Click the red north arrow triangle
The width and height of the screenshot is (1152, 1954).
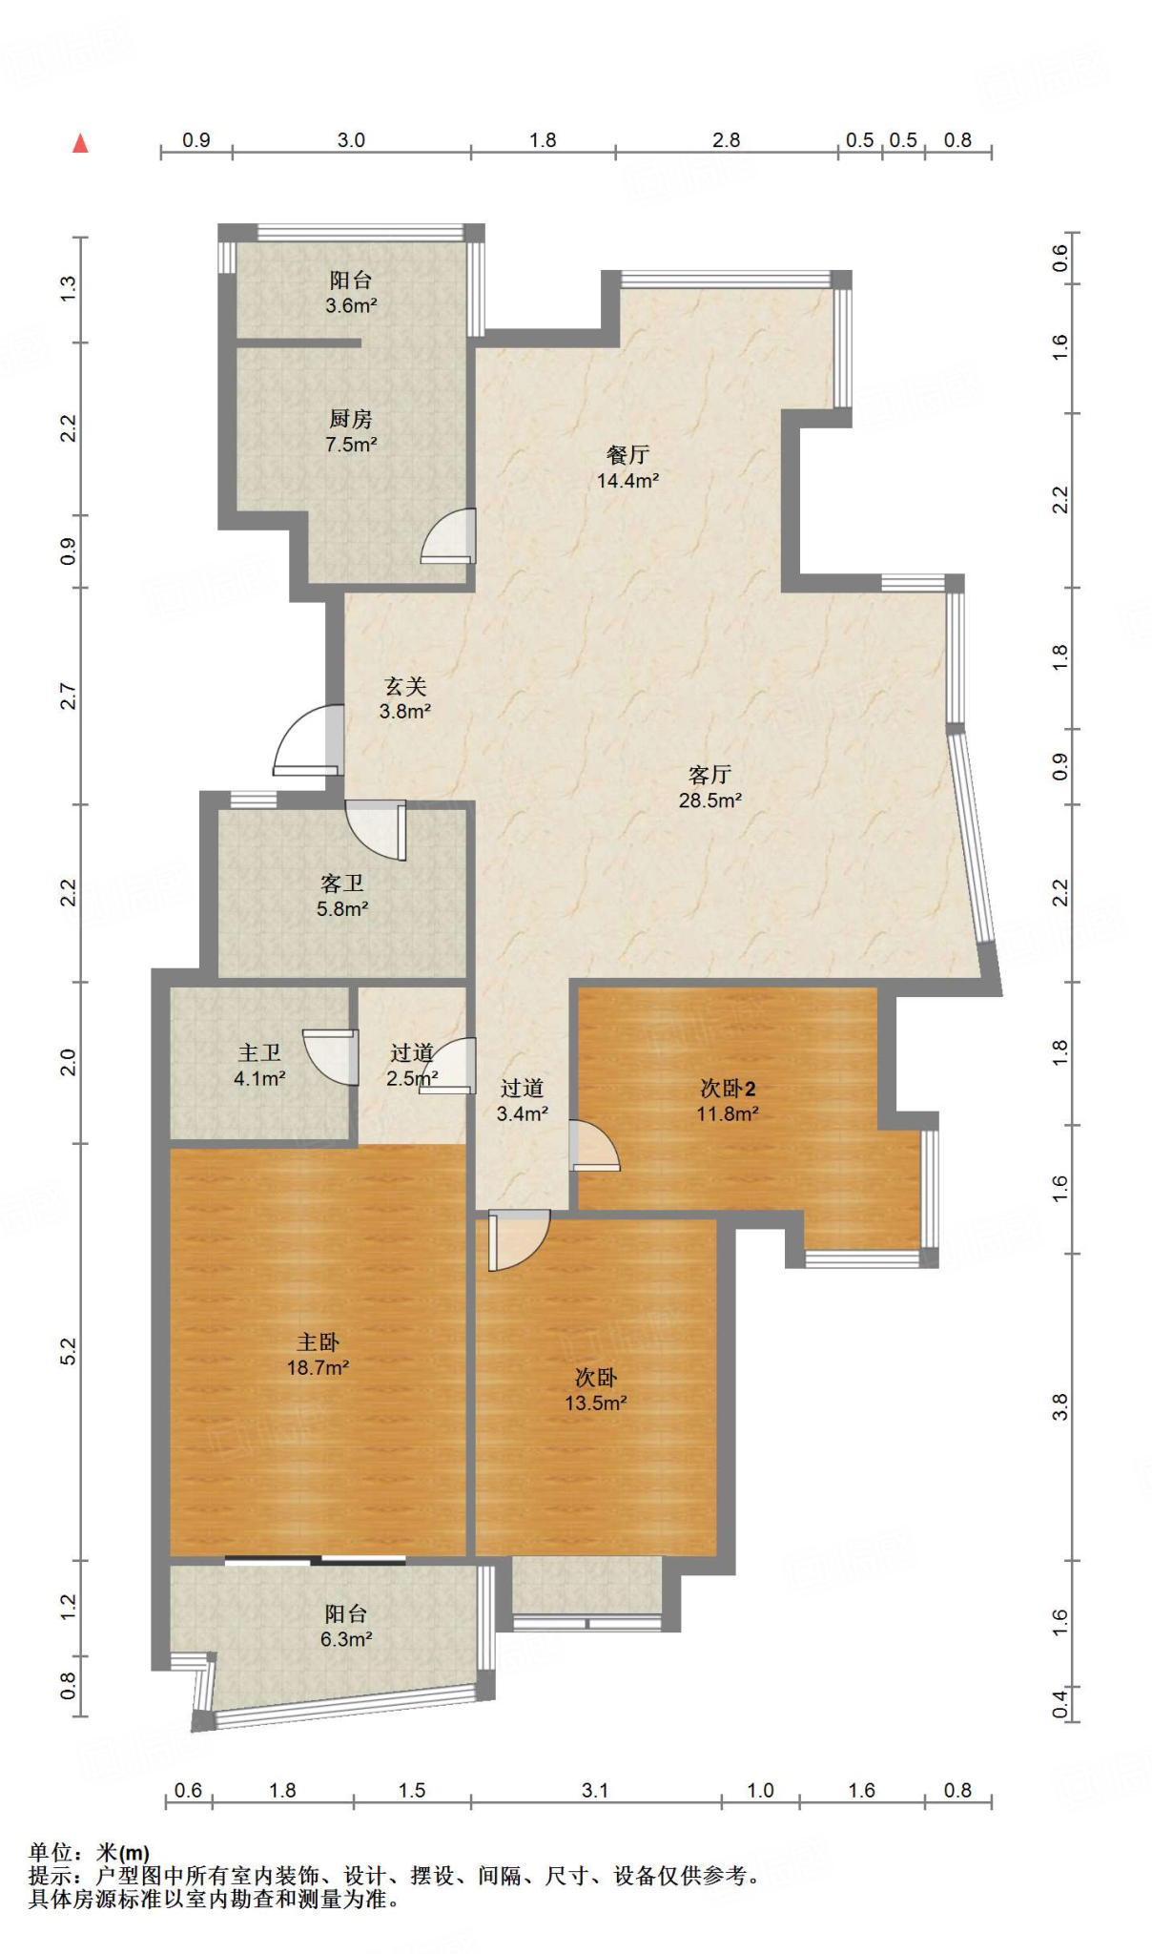(81, 143)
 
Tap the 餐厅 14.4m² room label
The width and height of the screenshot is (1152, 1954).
(627, 468)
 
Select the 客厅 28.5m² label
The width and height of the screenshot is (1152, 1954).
(710, 787)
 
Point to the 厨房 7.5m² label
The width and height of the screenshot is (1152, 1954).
(351, 431)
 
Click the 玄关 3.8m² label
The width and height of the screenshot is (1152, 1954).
(405, 698)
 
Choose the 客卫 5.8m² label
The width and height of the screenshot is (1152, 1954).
(342, 896)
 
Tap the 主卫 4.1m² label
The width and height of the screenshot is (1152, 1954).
(259, 1066)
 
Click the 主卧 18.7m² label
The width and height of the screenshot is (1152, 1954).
(318, 1355)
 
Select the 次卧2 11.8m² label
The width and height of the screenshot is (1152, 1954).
(728, 1100)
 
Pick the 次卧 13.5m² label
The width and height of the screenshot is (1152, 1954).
(595, 1390)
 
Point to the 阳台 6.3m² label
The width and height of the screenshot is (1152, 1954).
(345, 1627)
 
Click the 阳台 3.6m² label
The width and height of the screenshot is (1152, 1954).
(351, 293)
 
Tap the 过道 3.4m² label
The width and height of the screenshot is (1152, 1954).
(522, 1100)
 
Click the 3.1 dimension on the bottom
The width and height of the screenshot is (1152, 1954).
(595, 1790)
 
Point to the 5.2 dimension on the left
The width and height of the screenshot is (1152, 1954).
(68, 1351)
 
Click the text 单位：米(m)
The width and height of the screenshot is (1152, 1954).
(89, 1852)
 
